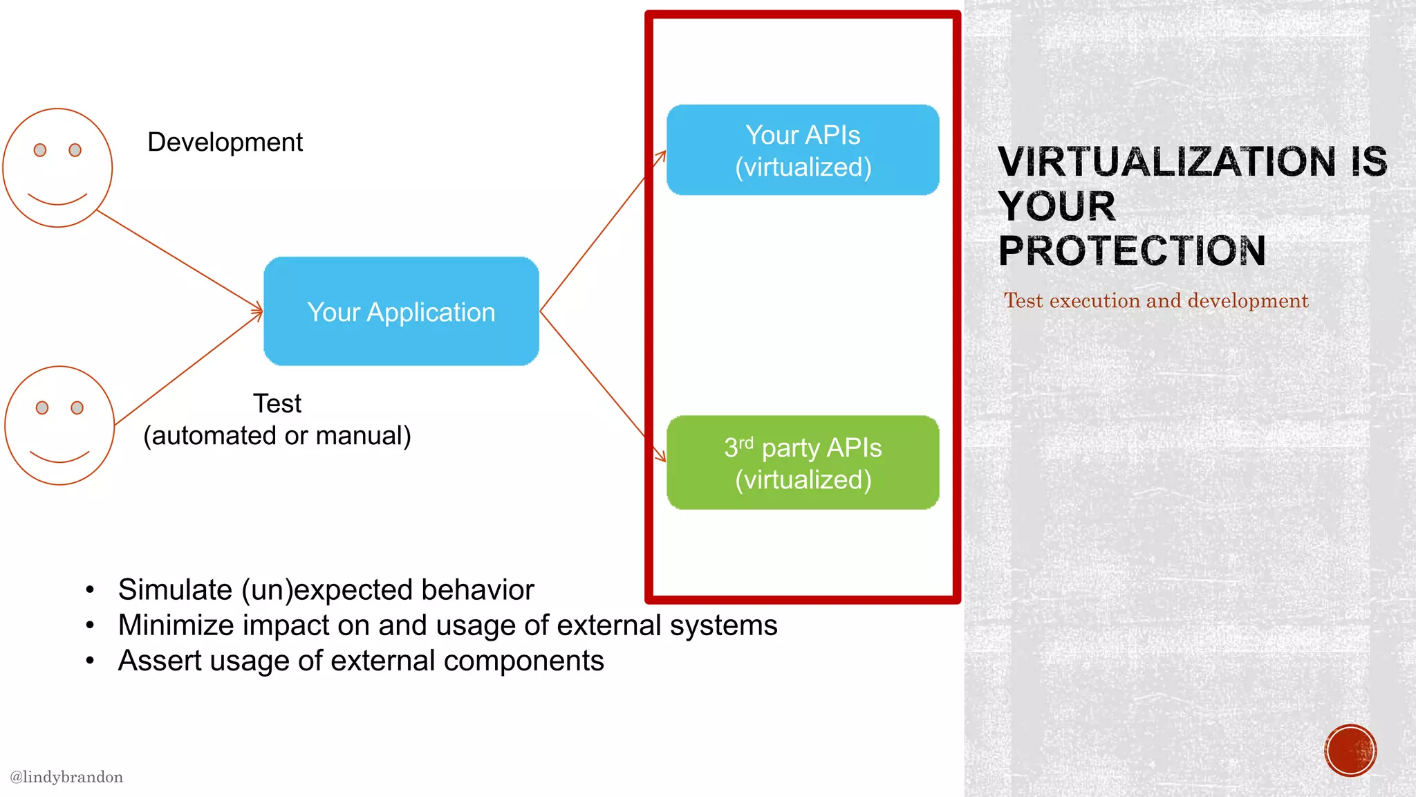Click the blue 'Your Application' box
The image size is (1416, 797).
click(401, 311)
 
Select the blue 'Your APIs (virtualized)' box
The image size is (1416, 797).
click(803, 150)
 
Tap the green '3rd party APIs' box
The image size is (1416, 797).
click(803, 463)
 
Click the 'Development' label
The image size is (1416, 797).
click(225, 142)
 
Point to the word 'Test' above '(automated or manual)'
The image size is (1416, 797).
click(277, 403)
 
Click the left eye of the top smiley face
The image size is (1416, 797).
click(40, 150)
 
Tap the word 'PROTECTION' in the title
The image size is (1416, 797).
click(1132, 250)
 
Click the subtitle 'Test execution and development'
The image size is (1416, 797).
click(1156, 301)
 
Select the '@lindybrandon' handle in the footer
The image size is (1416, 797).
click(66, 777)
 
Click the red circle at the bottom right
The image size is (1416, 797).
click(1350, 751)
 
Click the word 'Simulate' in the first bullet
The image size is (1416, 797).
click(175, 590)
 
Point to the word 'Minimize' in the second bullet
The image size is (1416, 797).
click(176, 625)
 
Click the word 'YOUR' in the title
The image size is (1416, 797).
click(1057, 206)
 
